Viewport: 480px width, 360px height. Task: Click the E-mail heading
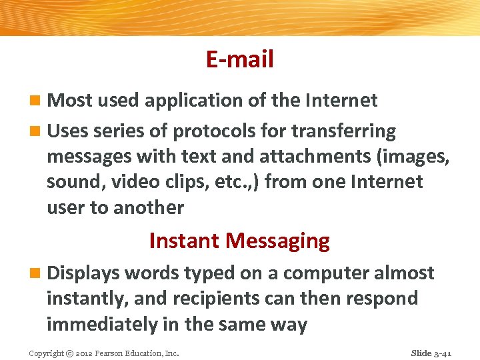pyautogui.click(x=239, y=60)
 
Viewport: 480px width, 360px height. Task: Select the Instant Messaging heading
pyautogui.click(x=239, y=240)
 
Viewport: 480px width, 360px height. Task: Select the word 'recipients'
pyautogui.click(x=213, y=298)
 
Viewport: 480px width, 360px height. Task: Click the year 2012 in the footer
pyautogui.click(x=85, y=353)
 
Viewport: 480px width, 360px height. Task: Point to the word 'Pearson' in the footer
pyautogui.click(x=114, y=353)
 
